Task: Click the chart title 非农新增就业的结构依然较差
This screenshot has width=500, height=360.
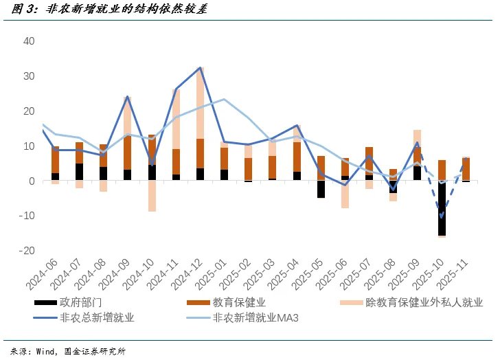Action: click(x=128, y=10)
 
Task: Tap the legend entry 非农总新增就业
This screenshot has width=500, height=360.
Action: click(x=97, y=317)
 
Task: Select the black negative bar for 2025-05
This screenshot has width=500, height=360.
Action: click(x=320, y=189)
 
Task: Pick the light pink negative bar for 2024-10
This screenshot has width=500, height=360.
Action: click(x=152, y=196)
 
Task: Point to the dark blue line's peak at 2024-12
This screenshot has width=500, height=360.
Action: click(x=200, y=67)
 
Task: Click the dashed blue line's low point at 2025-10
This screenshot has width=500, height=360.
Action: click(x=441, y=217)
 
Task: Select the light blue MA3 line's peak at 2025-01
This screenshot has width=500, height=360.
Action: click(x=224, y=99)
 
